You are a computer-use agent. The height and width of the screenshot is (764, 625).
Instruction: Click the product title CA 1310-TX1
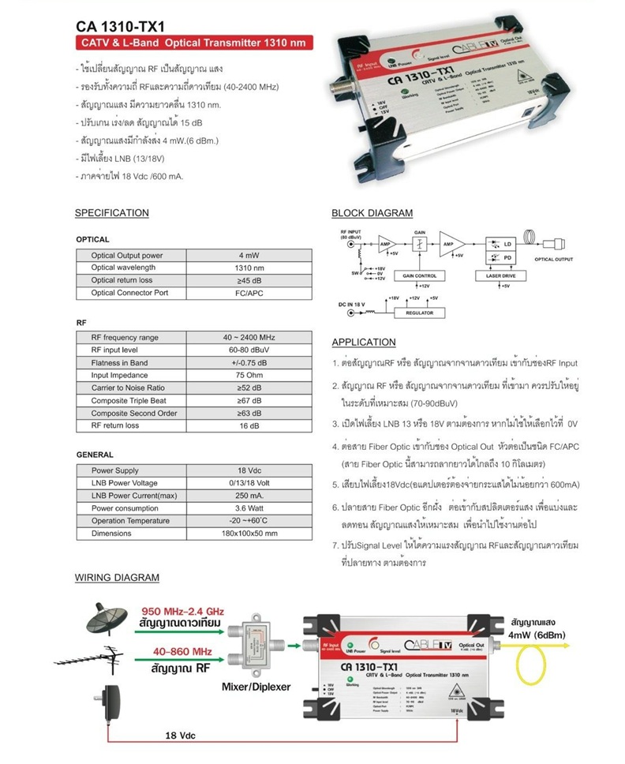pyautogui.click(x=117, y=26)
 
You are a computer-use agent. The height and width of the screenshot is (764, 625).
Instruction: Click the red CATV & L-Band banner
pyautogui.click(x=189, y=43)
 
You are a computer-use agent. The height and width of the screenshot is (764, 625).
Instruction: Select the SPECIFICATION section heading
pyautogui.click(x=111, y=213)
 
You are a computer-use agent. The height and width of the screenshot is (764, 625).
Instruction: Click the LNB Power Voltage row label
pyautogui.click(x=124, y=483)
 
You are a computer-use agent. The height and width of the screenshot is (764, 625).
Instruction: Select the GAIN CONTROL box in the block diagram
pyautogui.click(x=419, y=276)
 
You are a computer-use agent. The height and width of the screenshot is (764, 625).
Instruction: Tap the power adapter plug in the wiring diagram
pyautogui.click(x=109, y=704)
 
